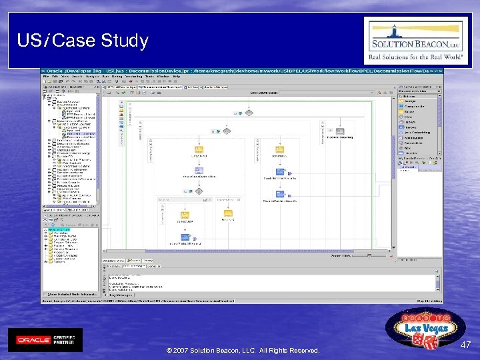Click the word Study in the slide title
coord(125,41)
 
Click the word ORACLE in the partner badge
coord(33,339)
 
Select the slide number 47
coord(465,345)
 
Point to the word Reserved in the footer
coord(303,350)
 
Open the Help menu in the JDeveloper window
coord(177,77)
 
